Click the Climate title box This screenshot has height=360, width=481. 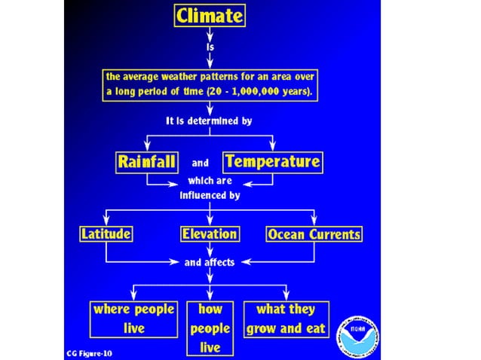point(210,15)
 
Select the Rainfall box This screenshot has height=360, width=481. point(147,161)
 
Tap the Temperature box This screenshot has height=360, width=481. point(272,161)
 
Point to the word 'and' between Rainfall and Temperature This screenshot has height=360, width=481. point(200,162)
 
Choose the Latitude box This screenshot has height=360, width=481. point(106,234)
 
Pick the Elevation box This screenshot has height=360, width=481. point(210,234)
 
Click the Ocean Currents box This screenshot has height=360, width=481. point(314,234)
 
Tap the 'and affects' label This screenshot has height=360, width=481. point(210,262)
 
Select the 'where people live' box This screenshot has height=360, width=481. point(133,319)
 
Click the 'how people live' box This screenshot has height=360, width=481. point(210,328)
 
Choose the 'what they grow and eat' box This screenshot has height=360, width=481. point(286,319)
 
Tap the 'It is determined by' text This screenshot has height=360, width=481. point(209,121)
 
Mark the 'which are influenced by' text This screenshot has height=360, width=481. point(210,188)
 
